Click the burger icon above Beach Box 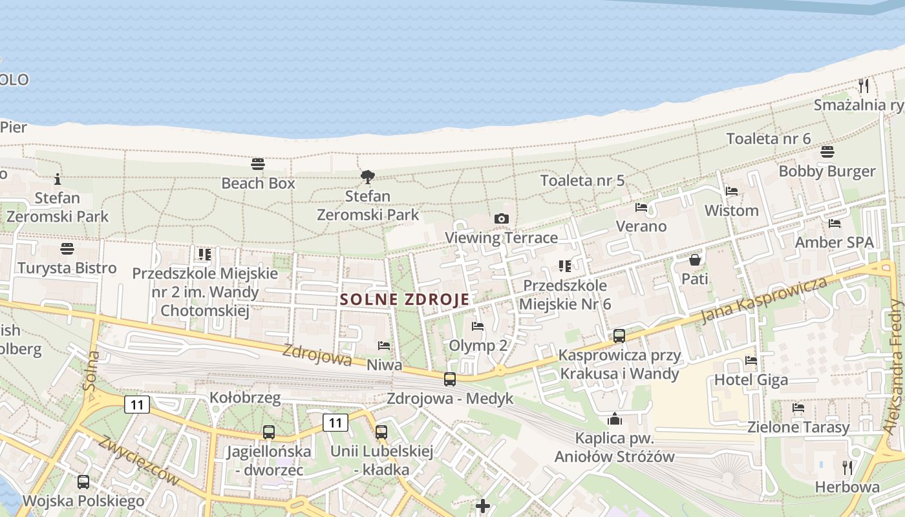(258, 164)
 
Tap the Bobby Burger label (827, 171)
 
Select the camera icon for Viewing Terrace (501, 219)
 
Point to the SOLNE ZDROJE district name (405, 299)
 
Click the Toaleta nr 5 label (582, 180)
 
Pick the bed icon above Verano (641, 207)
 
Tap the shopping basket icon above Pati (695, 260)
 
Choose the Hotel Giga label (751, 379)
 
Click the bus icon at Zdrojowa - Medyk (450, 379)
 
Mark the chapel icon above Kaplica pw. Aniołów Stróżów (615, 419)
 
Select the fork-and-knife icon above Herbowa (847, 467)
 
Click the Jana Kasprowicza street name (765, 301)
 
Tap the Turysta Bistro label (67, 268)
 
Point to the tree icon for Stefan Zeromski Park (368, 176)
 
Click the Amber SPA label (834, 242)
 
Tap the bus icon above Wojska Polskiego (83, 481)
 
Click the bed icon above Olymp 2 (478, 326)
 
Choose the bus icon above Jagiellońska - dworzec (268, 432)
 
